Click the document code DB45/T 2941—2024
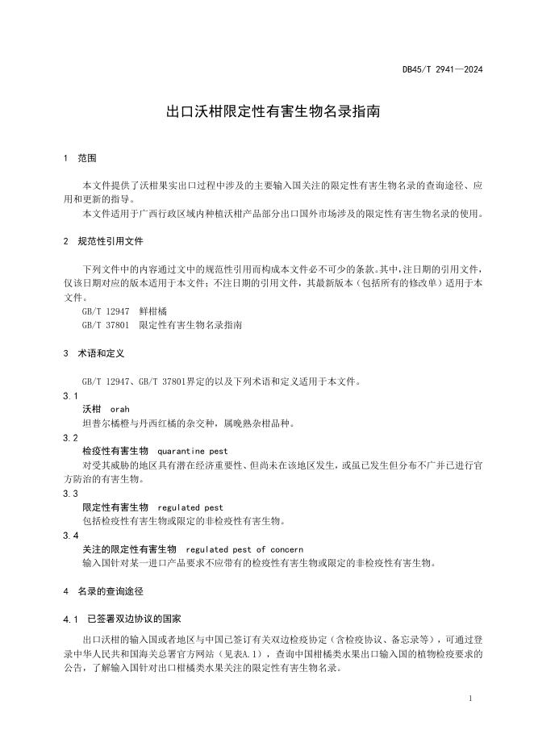coord(442,70)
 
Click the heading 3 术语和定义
coord(94,353)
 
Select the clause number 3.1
coord(70,396)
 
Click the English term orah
coord(120,410)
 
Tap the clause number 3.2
coord(70,437)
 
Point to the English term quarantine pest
coord(193,451)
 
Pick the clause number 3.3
coord(70,493)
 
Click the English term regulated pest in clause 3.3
coord(190,507)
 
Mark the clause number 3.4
coord(70,535)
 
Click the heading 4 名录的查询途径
coord(103,591)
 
